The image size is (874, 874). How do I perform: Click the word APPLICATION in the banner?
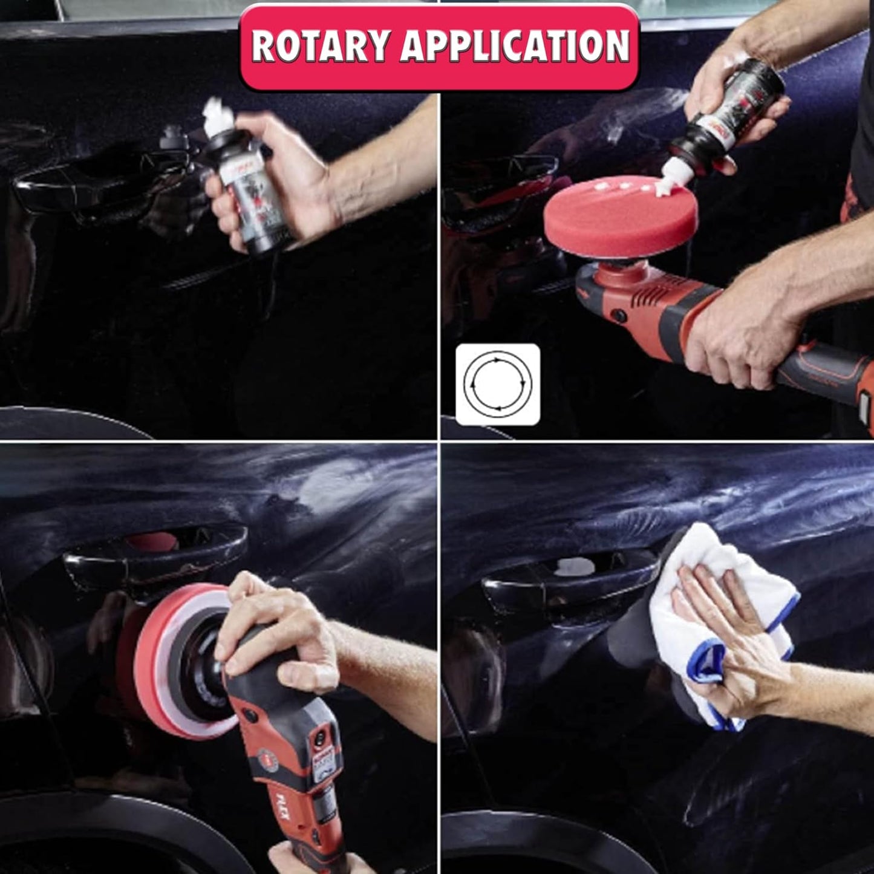(x=515, y=46)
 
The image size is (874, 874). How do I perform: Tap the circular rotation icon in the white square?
(x=497, y=384)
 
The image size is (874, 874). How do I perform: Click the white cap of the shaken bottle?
(x=214, y=113)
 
